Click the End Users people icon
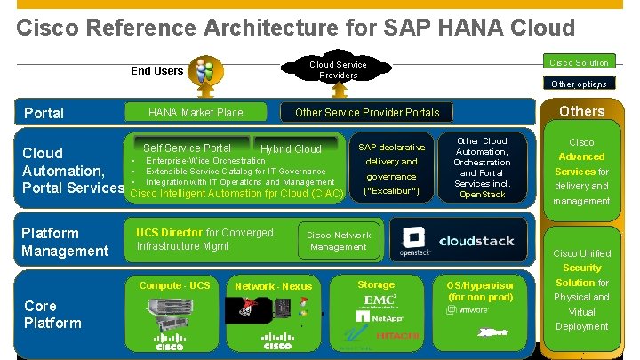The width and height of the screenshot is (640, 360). tap(204, 71)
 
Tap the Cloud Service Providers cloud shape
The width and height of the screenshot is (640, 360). tap(338, 69)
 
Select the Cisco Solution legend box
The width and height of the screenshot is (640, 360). tap(580, 62)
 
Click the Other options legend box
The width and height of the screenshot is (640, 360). tap(580, 84)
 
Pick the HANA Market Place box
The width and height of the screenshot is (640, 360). tap(196, 113)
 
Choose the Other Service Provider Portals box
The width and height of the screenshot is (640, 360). tap(367, 113)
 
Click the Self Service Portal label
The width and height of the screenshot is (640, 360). tap(187, 148)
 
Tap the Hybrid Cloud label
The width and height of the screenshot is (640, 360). tap(291, 148)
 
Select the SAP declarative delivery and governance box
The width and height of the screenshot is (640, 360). tap(391, 169)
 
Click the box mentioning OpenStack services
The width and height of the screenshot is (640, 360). tap(482, 168)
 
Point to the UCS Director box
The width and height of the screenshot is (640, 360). tap(207, 239)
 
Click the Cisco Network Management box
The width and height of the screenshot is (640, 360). tap(339, 241)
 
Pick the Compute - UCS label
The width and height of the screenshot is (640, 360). tap(174, 285)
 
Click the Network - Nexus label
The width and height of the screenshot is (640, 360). tap(273, 286)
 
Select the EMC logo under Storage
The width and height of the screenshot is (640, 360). tap(381, 300)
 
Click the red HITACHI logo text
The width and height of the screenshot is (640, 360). tap(396, 335)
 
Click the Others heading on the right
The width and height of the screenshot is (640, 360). tap(582, 112)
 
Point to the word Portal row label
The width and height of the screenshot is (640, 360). tap(44, 113)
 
